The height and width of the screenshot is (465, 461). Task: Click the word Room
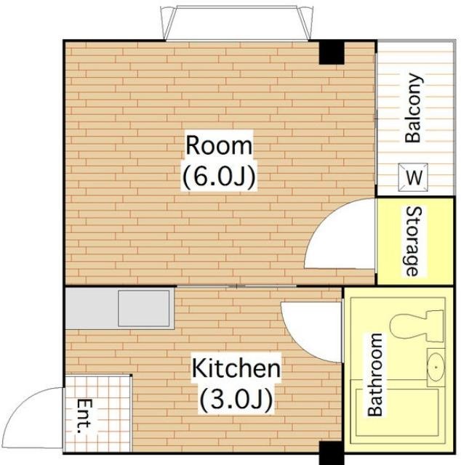(x=219, y=145)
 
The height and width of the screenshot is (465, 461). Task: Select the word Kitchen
(x=236, y=368)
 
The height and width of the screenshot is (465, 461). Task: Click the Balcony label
(x=413, y=108)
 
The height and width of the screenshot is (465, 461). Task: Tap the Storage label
(x=412, y=241)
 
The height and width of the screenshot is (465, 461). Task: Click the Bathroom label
(x=375, y=375)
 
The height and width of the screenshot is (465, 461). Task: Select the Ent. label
(x=84, y=416)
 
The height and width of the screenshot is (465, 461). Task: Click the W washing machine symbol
(x=413, y=177)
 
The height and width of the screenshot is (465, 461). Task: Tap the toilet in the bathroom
(x=417, y=326)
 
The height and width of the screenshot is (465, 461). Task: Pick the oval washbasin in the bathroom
(x=436, y=367)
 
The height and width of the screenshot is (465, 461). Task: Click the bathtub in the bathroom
(x=397, y=413)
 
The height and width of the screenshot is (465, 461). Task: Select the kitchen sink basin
(x=144, y=308)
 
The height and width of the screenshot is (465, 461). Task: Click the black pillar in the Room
(x=332, y=53)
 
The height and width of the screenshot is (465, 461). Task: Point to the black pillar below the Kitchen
(x=332, y=453)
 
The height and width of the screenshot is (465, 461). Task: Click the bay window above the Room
(x=237, y=23)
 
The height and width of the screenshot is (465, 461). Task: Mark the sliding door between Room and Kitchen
(x=236, y=286)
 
